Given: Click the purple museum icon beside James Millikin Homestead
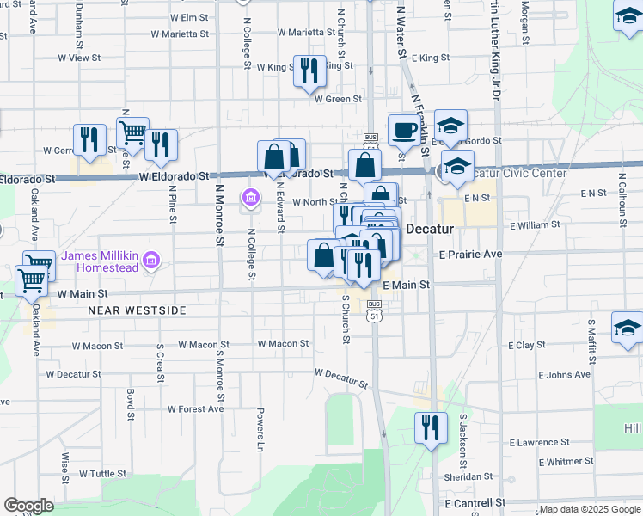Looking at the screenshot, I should click(x=152, y=259).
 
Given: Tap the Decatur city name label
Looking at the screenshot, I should click(x=429, y=230).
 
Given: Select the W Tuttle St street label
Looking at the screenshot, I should click(x=102, y=473).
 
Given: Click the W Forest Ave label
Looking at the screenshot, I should click(x=195, y=408).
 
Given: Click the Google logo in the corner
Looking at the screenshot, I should click(x=28, y=506).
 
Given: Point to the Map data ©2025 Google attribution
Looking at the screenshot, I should click(x=590, y=509).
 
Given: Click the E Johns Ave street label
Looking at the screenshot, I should click(x=564, y=375).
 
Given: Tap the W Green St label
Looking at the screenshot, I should click(x=338, y=99).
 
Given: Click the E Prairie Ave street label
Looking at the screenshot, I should click(x=470, y=255).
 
